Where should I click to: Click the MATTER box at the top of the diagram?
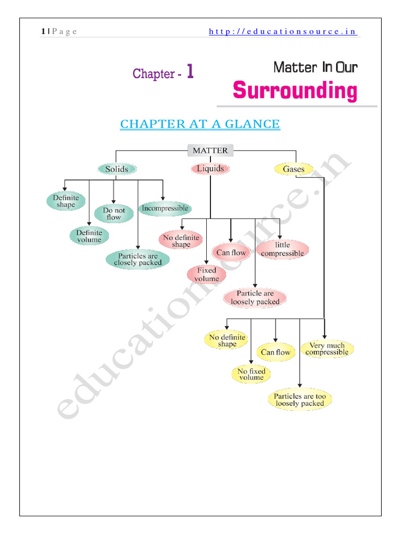click(x=210, y=151)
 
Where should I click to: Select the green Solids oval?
click(x=116, y=169)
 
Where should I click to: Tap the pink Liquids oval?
click(x=210, y=168)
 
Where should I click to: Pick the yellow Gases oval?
click(x=293, y=169)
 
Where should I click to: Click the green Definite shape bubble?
click(x=66, y=201)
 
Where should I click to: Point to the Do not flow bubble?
click(x=114, y=214)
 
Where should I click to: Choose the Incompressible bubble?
click(x=165, y=209)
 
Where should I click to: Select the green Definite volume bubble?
click(x=89, y=236)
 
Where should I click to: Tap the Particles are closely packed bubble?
click(x=138, y=259)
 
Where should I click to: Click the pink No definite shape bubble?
click(x=181, y=240)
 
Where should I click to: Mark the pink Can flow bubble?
click(x=231, y=253)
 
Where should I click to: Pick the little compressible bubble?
click(x=282, y=249)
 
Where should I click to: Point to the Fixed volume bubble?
click(x=207, y=274)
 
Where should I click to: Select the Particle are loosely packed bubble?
click(x=255, y=297)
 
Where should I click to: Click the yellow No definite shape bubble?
click(x=227, y=340)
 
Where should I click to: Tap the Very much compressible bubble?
click(x=327, y=349)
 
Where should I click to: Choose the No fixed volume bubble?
click(x=251, y=374)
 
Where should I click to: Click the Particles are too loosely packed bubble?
click(x=300, y=400)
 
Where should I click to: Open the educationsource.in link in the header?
click(x=282, y=31)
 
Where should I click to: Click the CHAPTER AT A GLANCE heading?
click(x=200, y=124)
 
